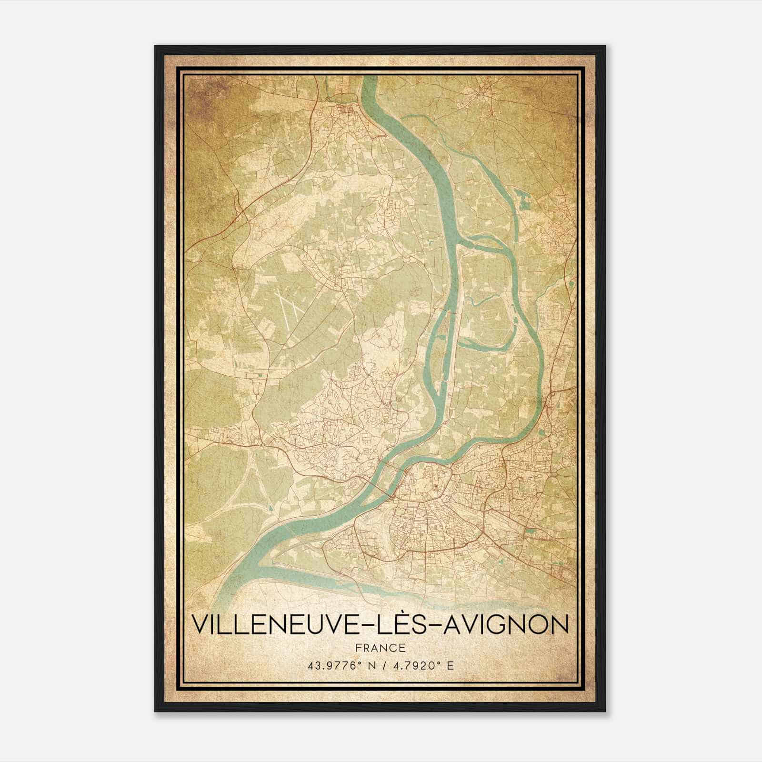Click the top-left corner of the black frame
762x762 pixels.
156,47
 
